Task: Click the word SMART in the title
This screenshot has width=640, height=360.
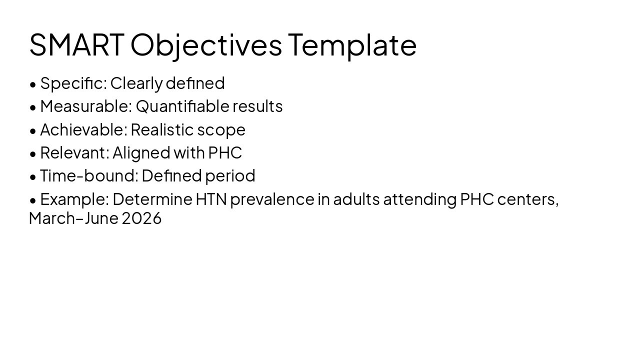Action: coord(76,44)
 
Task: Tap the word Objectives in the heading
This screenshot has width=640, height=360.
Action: coord(206,45)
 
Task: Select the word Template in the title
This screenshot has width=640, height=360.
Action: coord(352,45)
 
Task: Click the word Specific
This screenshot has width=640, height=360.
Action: coord(73,83)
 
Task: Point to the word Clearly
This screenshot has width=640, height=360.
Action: coord(136,83)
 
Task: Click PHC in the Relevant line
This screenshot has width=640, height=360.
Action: coord(225,152)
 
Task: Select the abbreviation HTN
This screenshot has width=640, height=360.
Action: coord(211,199)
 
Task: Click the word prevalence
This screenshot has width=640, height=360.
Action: coord(272,199)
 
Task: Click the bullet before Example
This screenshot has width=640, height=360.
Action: coord(33,200)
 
